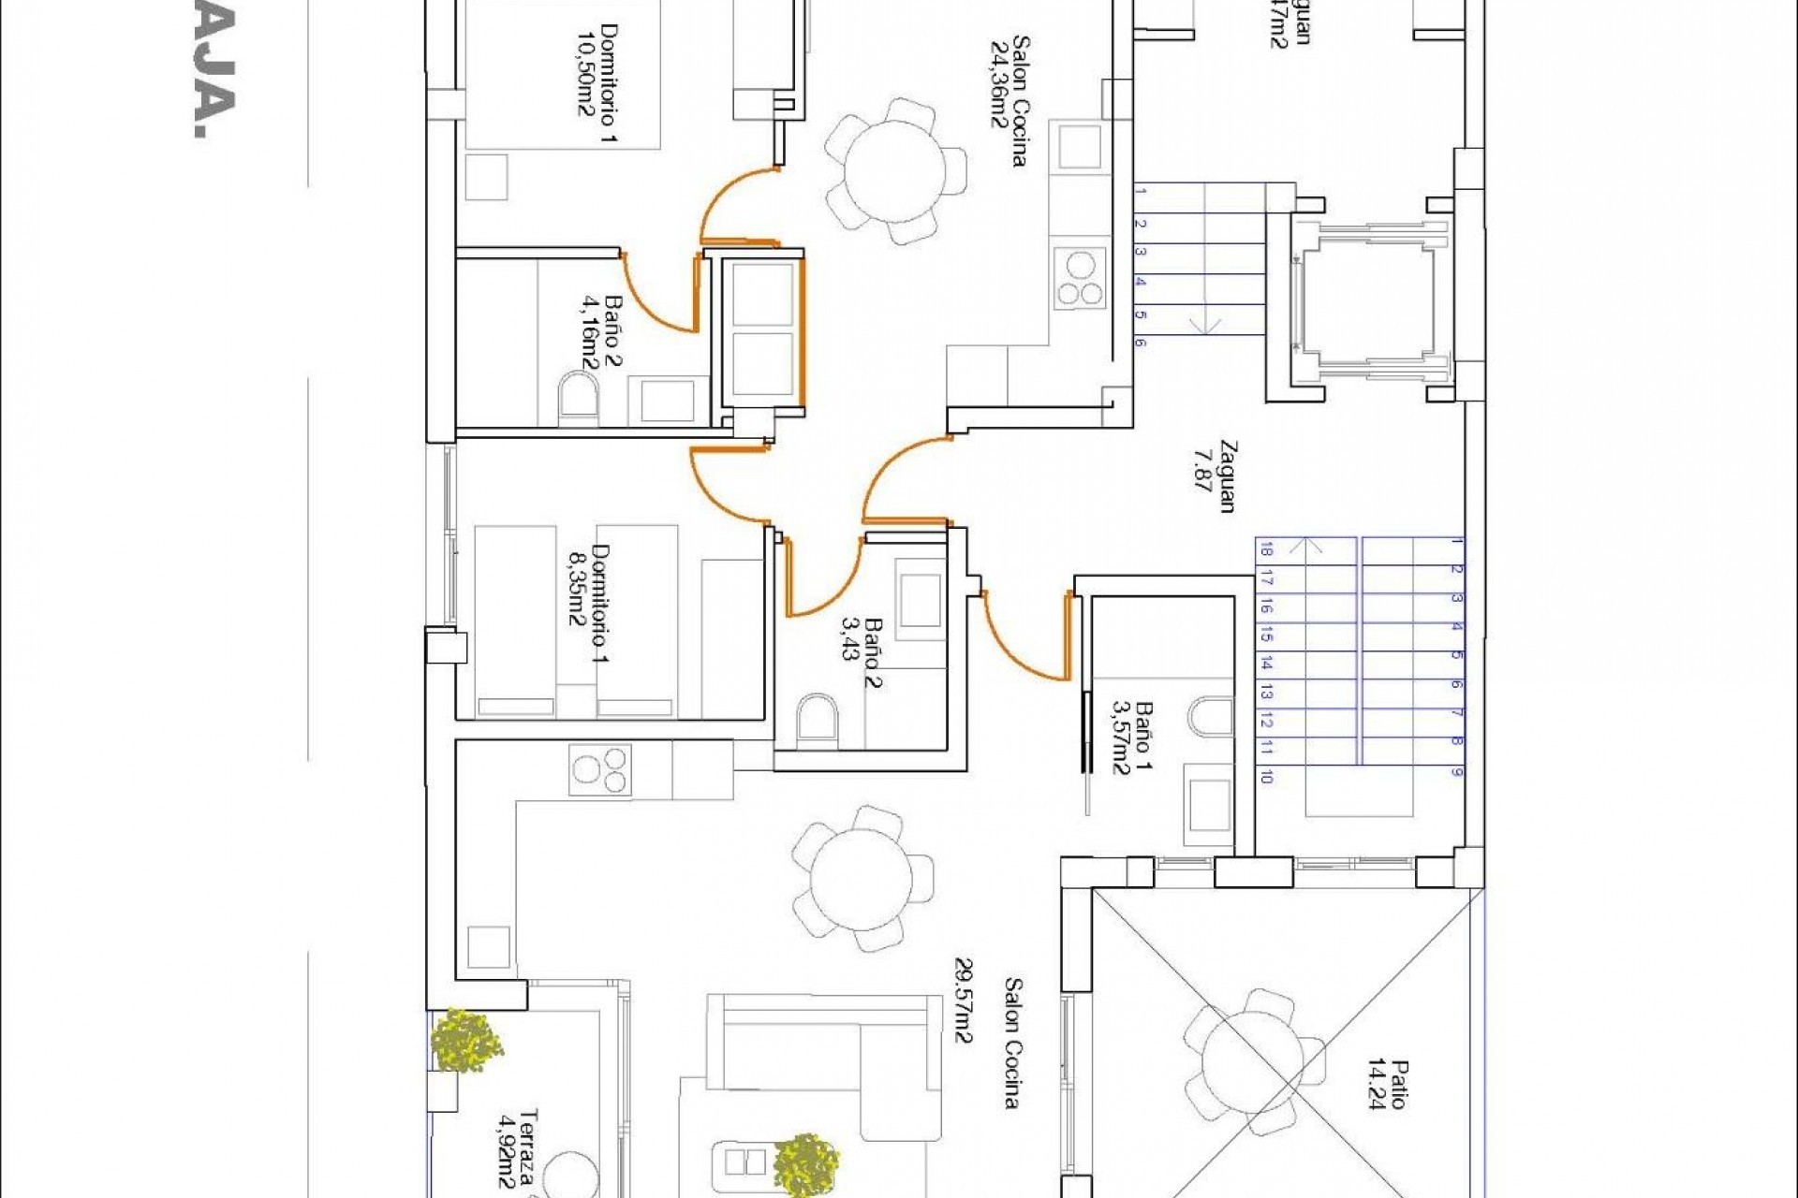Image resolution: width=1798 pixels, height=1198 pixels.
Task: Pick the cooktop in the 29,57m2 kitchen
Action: pos(599,769)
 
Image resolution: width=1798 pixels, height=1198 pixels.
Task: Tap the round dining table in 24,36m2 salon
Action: pos(894,170)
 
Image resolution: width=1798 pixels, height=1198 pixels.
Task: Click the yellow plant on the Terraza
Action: pos(464,1039)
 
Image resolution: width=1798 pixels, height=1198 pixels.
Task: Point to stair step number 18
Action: pos(1266,550)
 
